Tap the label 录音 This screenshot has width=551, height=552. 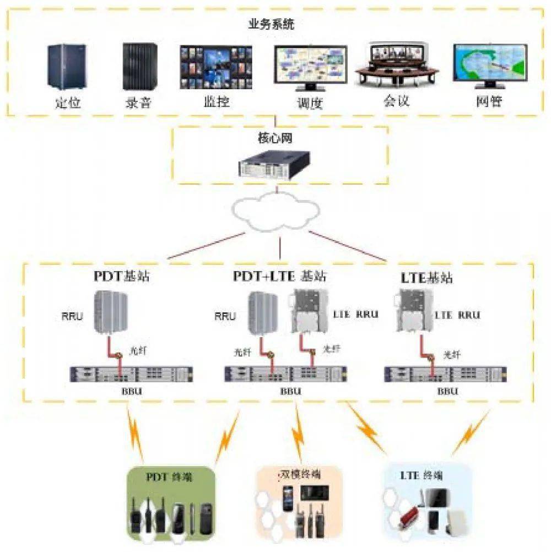[x=138, y=102]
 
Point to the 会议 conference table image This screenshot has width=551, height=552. [x=396, y=66]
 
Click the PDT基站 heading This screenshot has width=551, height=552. [x=121, y=275]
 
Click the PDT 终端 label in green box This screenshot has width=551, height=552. [x=169, y=477]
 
